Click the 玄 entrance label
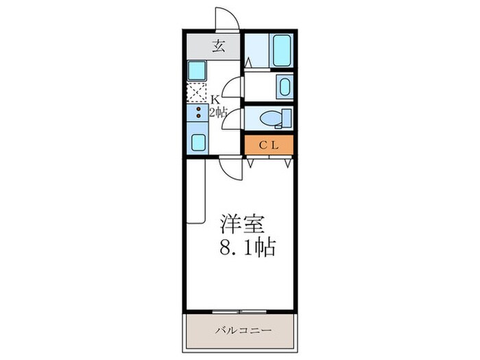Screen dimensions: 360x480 tap(219, 47)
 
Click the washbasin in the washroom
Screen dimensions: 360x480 tap(284, 86)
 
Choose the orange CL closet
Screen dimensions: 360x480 tap(269, 145)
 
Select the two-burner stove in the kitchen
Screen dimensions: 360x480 tap(197, 113)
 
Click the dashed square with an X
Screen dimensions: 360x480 tap(197, 92)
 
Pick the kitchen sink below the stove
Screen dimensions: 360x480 tap(198, 142)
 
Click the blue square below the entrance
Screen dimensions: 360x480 tap(197, 70)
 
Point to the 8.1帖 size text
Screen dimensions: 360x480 tap(247, 247)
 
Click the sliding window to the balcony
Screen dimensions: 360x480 tap(240, 311)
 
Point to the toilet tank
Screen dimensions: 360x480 tap(286, 117)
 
